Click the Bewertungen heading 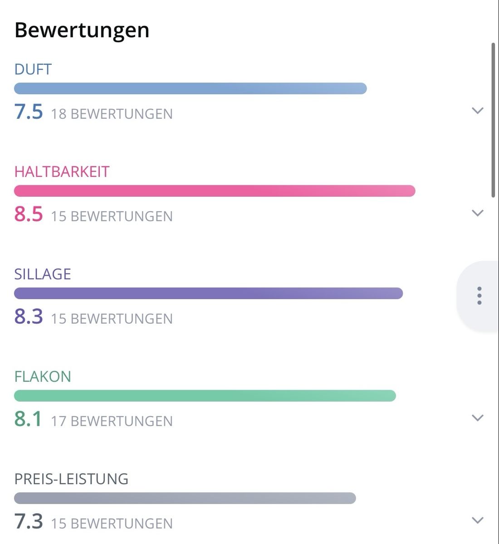pos(82,31)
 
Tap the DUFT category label pos(33,69)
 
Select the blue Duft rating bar pos(191,89)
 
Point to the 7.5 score pos(29,112)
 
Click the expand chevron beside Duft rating pos(478,111)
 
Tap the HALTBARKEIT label pos(62,172)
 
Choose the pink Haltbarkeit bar pos(215,191)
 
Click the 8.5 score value pos(29,214)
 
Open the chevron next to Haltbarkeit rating pos(478,213)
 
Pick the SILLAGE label pos(43,274)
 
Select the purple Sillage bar pos(208,293)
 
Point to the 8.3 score pos(29,316)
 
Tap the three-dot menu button pos(479,296)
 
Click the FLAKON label pos(43,377)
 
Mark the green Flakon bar pos(205,396)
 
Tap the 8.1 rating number pos(28,419)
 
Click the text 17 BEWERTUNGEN pos(112,422)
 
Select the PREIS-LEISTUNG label pos(71,479)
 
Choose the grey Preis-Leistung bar pos(185,498)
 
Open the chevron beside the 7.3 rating pos(478,520)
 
